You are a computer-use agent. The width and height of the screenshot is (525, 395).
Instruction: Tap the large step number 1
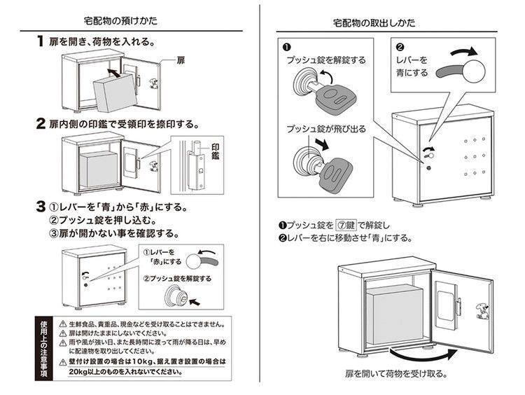pyautogui.click(x=41, y=42)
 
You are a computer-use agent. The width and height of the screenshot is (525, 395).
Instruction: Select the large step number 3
pyautogui.click(x=41, y=208)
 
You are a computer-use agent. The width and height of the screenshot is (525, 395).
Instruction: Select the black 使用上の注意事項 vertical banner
pyautogui.click(x=43, y=348)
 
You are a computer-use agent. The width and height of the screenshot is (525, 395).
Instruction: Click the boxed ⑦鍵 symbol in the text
pyautogui.click(x=347, y=225)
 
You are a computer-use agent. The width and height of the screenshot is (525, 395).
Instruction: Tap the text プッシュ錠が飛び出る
pyautogui.click(x=324, y=128)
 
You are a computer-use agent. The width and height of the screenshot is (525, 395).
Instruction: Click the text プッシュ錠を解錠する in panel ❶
pyautogui.click(x=326, y=60)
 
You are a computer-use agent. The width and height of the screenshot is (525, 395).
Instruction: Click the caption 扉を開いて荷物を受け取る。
pyautogui.click(x=395, y=373)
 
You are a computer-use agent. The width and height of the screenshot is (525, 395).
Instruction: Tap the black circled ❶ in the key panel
pyautogui.click(x=286, y=48)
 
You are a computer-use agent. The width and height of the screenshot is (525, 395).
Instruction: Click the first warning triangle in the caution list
pyautogui.click(x=62, y=324)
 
